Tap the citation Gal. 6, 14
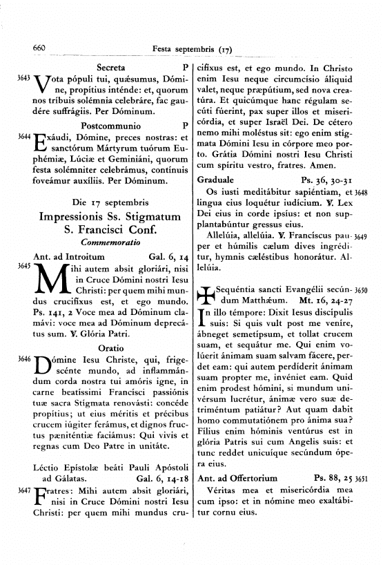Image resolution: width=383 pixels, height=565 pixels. coord(164,257)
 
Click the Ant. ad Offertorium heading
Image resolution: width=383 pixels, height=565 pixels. coord(237,477)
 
